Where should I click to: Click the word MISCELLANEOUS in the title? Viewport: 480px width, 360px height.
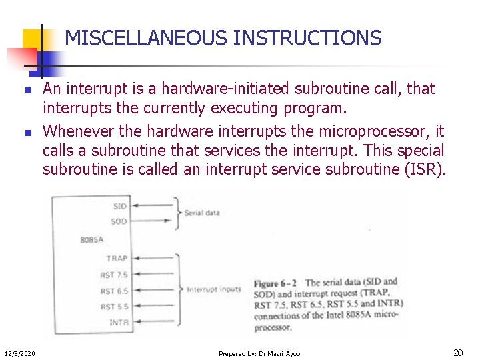[x=146, y=38]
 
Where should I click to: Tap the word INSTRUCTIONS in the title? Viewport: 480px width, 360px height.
[x=307, y=38]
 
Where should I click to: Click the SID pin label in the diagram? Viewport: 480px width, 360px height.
[x=119, y=206]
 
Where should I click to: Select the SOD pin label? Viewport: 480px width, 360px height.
[x=119, y=221]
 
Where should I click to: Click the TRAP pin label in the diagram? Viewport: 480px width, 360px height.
[x=117, y=258]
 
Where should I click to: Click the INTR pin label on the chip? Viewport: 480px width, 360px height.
[x=117, y=323]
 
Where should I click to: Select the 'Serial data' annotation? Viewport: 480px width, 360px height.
[x=202, y=213]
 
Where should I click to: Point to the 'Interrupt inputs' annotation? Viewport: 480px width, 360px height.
[x=213, y=289]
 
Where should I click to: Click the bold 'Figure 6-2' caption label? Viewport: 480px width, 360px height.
[x=275, y=283]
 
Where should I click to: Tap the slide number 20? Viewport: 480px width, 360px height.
[x=458, y=353]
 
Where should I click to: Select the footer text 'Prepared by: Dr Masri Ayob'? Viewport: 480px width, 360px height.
[x=259, y=353]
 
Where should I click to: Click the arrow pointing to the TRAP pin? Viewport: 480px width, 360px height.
[x=153, y=258]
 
